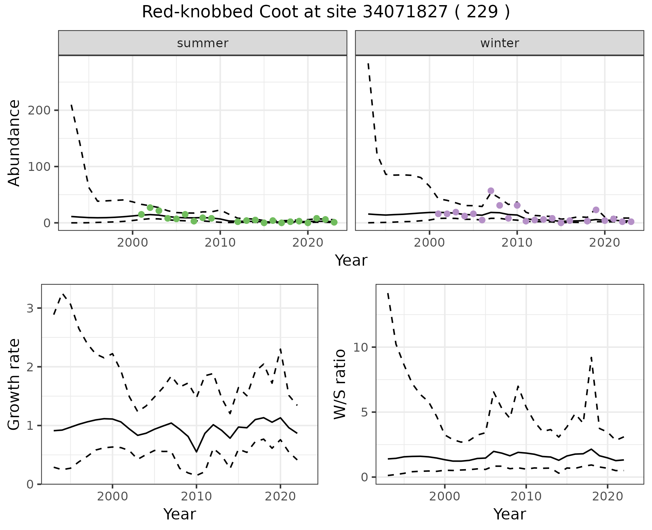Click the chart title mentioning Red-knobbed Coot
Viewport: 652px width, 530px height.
326,12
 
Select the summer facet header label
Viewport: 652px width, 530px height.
203,43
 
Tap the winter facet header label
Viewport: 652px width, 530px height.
500,43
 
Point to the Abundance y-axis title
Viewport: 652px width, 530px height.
14,143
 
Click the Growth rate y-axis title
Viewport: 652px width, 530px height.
14,385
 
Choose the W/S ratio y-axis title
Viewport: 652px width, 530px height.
340,385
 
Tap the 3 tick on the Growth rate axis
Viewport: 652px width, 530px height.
30,308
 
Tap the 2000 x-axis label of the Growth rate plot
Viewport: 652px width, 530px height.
112,496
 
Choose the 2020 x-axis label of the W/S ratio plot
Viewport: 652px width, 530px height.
608,496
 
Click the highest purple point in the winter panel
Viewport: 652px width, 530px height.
491,191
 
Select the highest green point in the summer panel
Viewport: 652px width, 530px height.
150,208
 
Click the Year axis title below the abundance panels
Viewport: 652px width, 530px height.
351,261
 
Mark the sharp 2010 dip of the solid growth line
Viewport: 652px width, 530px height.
196,452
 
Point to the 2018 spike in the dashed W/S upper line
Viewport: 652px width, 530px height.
591,357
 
